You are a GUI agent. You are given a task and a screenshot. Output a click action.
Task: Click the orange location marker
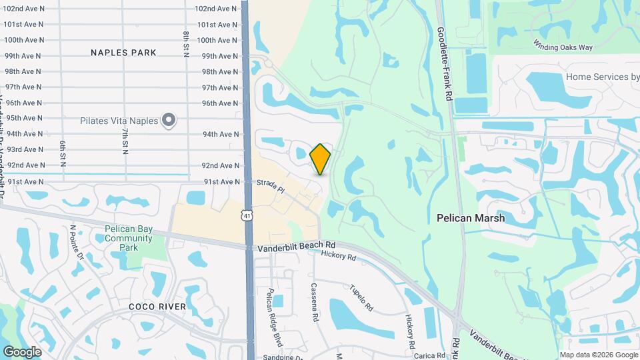[x=321, y=159]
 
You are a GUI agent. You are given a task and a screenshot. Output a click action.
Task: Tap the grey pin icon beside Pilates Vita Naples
[x=169, y=121]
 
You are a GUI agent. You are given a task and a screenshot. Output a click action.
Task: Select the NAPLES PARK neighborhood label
[x=123, y=53]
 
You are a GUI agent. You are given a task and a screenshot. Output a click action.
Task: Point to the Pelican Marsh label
[x=471, y=218]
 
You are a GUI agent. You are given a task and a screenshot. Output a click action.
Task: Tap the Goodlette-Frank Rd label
[x=444, y=64]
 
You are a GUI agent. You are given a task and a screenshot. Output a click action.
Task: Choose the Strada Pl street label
[x=272, y=186]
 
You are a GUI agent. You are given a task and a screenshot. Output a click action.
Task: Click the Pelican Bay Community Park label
[x=129, y=239]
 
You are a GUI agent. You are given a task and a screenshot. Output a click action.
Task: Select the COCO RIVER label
[x=157, y=307]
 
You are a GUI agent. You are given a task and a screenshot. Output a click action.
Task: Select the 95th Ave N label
[x=23, y=119]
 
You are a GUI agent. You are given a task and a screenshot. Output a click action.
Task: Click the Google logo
[x=22, y=351]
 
